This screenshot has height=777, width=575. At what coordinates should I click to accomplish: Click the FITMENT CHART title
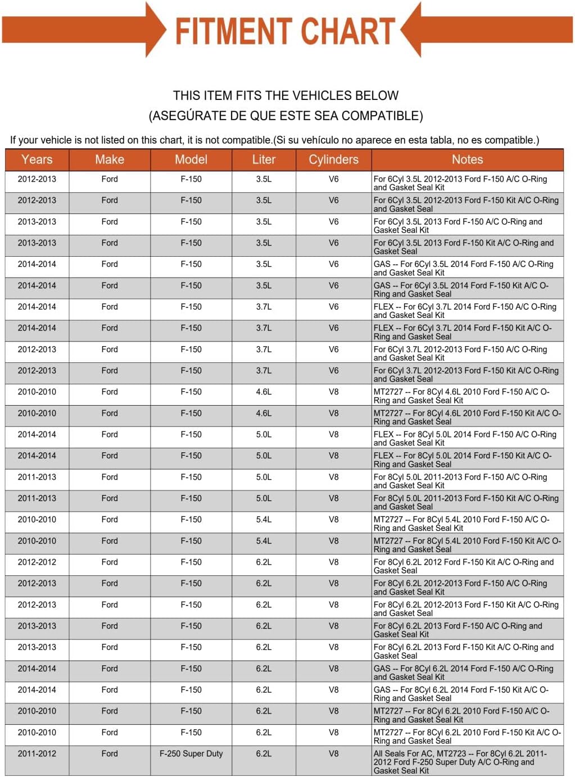(x=285, y=31)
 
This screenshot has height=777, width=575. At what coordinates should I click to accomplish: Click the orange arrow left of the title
(x=84, y=30)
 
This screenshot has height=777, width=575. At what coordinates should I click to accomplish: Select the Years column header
(x=37, y=160)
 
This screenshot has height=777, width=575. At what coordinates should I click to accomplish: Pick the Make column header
(x=110, y=160)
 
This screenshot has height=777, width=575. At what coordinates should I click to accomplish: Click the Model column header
(x=191, y=160)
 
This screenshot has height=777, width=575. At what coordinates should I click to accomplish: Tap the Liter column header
(x=264, y=160)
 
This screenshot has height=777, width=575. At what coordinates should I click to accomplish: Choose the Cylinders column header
(x=333, y=160)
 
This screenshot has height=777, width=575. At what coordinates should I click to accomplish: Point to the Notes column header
(x=467, y=160)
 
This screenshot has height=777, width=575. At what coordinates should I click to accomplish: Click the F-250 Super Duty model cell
(x=191, y=753)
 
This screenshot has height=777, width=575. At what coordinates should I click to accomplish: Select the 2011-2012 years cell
(x=37, y=753)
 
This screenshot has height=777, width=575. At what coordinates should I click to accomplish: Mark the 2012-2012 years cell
(x=37, y=562)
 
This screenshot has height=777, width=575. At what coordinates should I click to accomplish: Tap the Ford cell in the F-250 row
(x=110, y=753)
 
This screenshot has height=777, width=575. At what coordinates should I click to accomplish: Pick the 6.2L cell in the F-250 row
(x=264, y=753)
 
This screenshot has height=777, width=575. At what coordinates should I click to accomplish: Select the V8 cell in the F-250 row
(x=333, y=753)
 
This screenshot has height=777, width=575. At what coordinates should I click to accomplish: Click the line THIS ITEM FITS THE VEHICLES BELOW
(x=286, y=96)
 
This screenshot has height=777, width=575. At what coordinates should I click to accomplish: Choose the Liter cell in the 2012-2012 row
(x=264, y=562)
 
